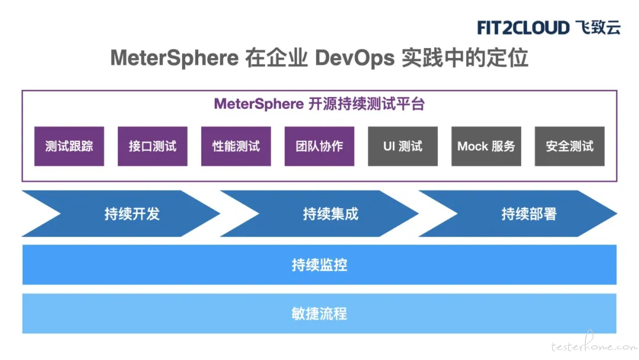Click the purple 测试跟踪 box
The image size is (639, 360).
[x=69, y=146]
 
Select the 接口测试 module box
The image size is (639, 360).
[x=153, y=146]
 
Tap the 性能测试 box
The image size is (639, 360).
[x=236, y=146]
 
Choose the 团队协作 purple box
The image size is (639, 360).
[x=319, y=146]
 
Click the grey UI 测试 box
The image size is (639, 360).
[x=403, y=146]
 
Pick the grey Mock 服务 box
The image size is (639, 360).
[x=486, y=146]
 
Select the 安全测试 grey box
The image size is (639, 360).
[x=570, y=146]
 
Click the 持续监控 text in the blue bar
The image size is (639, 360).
[x=319, y=265]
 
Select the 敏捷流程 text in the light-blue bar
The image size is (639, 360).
[x=319, y=314]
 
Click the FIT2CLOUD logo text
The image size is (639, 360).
[x=523, y=28]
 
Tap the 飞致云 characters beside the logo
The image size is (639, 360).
[x=598, y=27]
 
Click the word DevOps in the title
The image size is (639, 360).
[x=355, y=57]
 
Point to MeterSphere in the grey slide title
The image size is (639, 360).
[x=175, y=57]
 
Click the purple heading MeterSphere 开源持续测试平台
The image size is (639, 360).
[x=319, y=104]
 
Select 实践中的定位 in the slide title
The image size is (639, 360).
[x=465, y=57]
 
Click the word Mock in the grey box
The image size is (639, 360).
[x=473, y=146]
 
